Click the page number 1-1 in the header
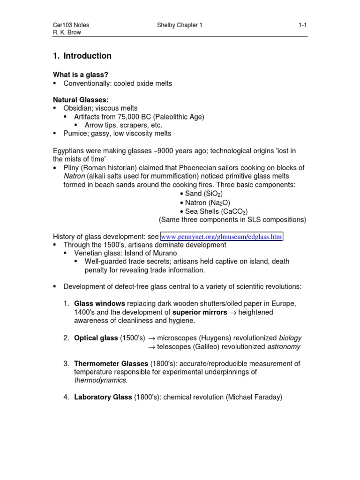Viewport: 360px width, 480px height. (302, 25)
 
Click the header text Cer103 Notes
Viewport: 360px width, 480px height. (70, 25)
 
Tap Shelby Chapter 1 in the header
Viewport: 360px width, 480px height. (180, 25)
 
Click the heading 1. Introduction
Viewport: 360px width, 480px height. (82, 56)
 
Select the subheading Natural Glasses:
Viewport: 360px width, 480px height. (81, 100)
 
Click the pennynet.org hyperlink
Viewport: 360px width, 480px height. (222, 237)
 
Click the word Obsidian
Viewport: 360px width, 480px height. (78, 108)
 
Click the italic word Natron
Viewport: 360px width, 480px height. (75, 176)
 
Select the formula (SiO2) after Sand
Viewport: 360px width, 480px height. (213, 194)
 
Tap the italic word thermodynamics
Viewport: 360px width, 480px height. (100, 380)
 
